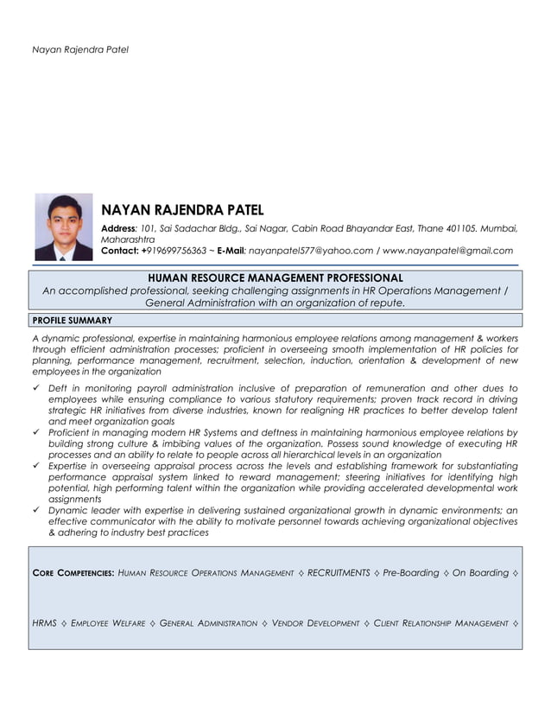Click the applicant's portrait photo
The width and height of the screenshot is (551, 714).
63,226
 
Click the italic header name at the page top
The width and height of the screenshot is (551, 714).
80,49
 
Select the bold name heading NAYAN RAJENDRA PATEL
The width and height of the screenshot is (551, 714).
182,210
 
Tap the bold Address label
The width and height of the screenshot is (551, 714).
119,227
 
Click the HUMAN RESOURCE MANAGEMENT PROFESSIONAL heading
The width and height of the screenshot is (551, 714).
275,277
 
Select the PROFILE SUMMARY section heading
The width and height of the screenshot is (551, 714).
72,320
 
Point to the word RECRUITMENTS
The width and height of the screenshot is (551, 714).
339,573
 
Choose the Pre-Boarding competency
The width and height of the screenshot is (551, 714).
411,573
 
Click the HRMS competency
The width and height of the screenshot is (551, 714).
45,622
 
